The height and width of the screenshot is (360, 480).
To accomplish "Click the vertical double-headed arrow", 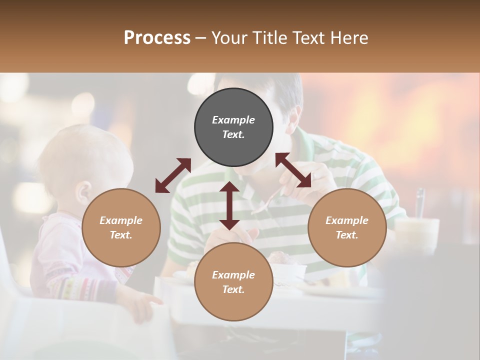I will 229,205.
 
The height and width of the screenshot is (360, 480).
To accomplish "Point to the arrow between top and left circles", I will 173,175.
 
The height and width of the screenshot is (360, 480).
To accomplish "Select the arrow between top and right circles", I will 293,170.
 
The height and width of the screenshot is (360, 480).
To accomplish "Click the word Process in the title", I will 157,37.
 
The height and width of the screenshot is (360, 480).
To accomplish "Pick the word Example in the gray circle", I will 233,120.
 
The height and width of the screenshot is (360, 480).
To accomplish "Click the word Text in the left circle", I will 121,235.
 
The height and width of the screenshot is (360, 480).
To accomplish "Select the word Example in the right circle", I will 347,220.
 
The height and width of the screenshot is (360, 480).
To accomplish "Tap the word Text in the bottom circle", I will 233,289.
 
